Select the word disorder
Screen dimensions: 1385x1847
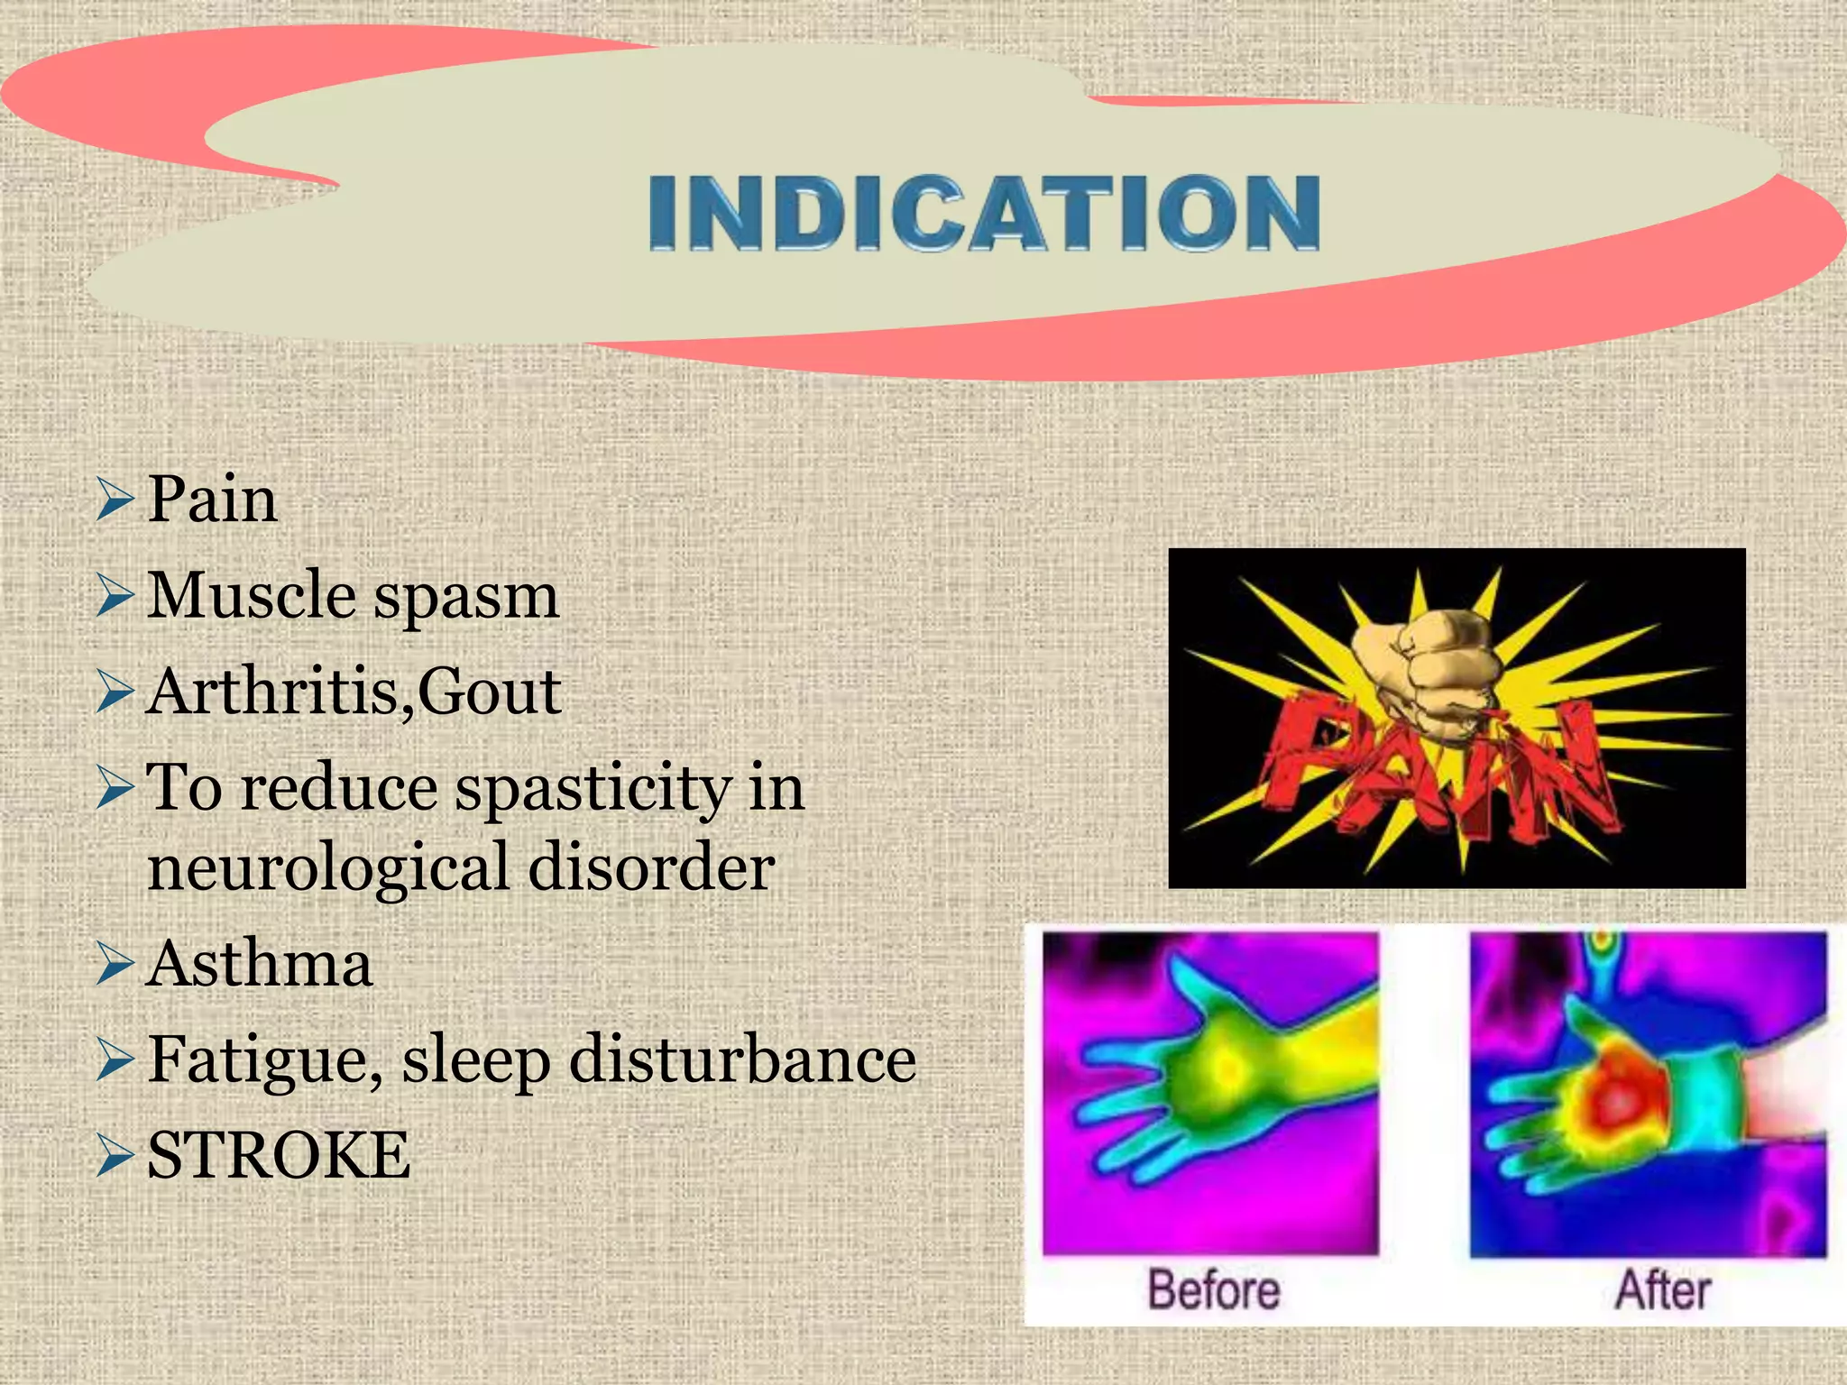[x=651, y=867]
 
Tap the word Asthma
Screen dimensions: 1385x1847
[x=260, y=964]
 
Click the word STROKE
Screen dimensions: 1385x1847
[x=279, y=1156]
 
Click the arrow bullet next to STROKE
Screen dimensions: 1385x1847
[x=115, y=1156]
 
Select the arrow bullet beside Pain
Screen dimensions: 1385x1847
[x=115, y=500]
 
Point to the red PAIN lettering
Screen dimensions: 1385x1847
[x=1434, y=766]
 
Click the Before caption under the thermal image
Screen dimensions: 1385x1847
[x=1214, y=1289]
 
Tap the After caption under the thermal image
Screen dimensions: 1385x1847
[x=1662, y=1289]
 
